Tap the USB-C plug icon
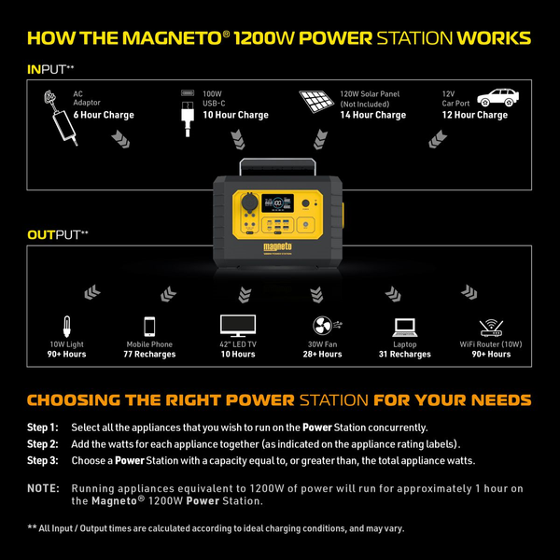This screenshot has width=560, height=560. [188, 108]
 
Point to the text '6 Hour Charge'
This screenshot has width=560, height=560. [104, 116]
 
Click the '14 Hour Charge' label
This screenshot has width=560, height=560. [372, 116]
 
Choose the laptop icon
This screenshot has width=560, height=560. [405, 327]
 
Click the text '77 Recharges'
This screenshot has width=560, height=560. [149, 355]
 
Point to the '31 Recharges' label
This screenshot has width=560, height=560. [405, 355]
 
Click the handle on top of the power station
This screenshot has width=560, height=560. [279, 165]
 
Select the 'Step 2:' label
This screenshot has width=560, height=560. [43, 443]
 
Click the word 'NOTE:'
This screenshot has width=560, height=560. [43, 488]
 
